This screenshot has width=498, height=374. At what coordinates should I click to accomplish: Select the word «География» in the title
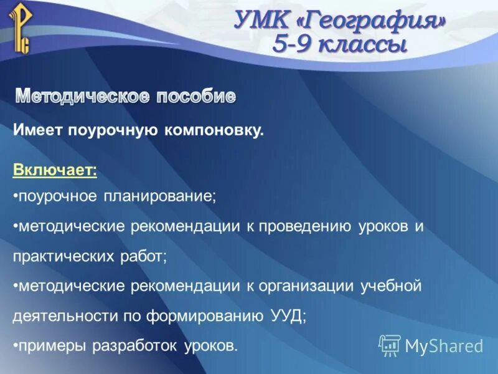(x=372, y=22)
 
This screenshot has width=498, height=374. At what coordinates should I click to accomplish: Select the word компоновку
(x=215, y=131)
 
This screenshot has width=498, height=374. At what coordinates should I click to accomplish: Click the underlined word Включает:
(x=55, y=170)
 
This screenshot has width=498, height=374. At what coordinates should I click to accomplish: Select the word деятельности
(x=63, y=315)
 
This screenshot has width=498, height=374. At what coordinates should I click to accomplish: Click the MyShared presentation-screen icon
(x=390, y=345)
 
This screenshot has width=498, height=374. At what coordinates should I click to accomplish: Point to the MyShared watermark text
(x=444, y=346)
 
